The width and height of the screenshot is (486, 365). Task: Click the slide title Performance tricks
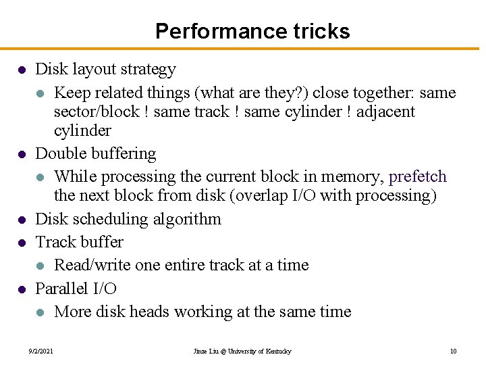252,31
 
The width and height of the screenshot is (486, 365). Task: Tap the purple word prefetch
418,177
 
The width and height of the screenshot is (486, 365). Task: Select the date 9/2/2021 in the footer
41,351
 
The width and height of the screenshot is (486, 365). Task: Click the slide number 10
453,351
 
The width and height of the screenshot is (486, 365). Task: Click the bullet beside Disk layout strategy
22,70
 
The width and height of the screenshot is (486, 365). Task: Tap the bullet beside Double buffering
22,155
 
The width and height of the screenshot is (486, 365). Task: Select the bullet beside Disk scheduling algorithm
22,220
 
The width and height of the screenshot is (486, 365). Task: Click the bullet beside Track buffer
22,243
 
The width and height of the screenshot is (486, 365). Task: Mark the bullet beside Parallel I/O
22,289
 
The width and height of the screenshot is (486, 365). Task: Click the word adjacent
385,112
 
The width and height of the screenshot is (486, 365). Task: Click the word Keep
70,93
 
